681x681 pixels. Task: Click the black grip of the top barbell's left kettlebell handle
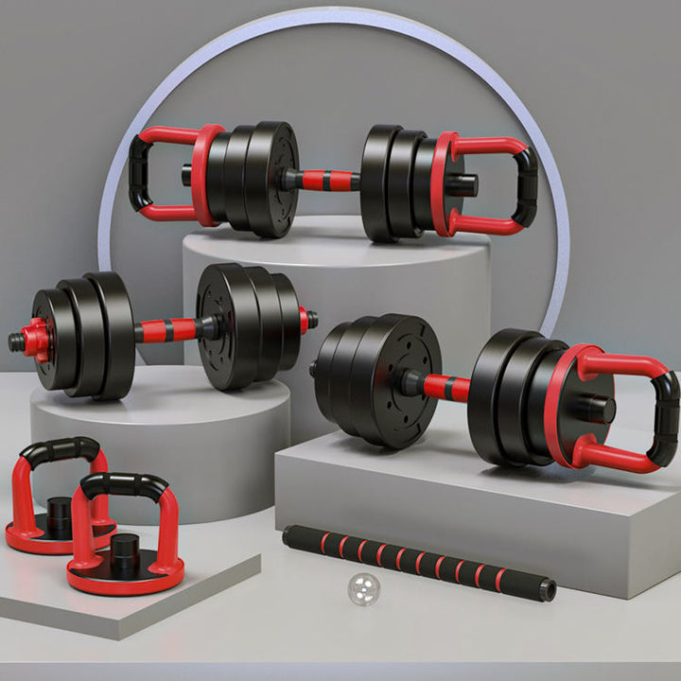coord(139,169)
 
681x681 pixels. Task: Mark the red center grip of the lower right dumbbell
coord(445,387)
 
